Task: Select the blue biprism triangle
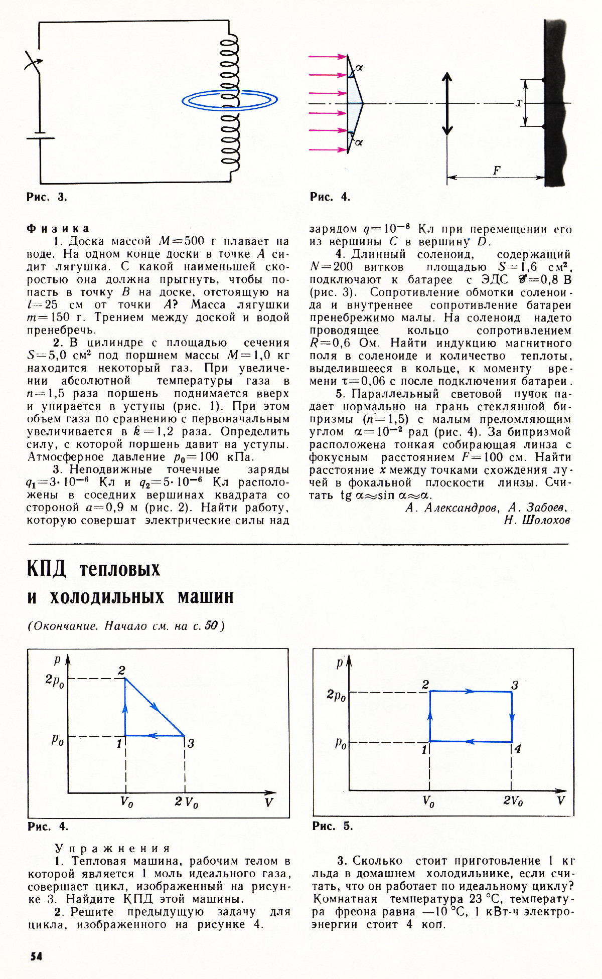tap(354, 103)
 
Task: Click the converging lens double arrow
tap(446, 104)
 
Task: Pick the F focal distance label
tap(496, 170)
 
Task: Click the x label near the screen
tap(519, 103)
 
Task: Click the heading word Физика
tap(58, 229)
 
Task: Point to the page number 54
tap(36, 956)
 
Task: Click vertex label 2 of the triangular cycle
tap(121, 670)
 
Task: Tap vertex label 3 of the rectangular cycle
tap(514, 685)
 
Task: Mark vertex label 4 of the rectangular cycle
tap(518, 749)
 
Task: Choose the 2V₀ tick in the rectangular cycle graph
tap(513, 801)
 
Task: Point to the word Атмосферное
tap(66, 457)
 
